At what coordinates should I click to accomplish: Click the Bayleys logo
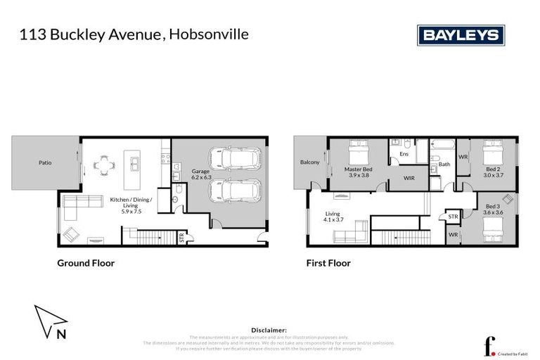461,34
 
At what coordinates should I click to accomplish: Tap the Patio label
45,163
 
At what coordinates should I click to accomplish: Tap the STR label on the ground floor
182,238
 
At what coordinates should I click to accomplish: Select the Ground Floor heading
86,264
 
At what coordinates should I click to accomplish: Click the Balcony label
309,162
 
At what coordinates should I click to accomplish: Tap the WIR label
409,179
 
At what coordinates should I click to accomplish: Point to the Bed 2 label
492,169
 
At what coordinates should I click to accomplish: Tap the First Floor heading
328,264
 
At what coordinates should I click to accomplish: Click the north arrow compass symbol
48,321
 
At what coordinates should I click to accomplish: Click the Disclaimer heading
269,329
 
